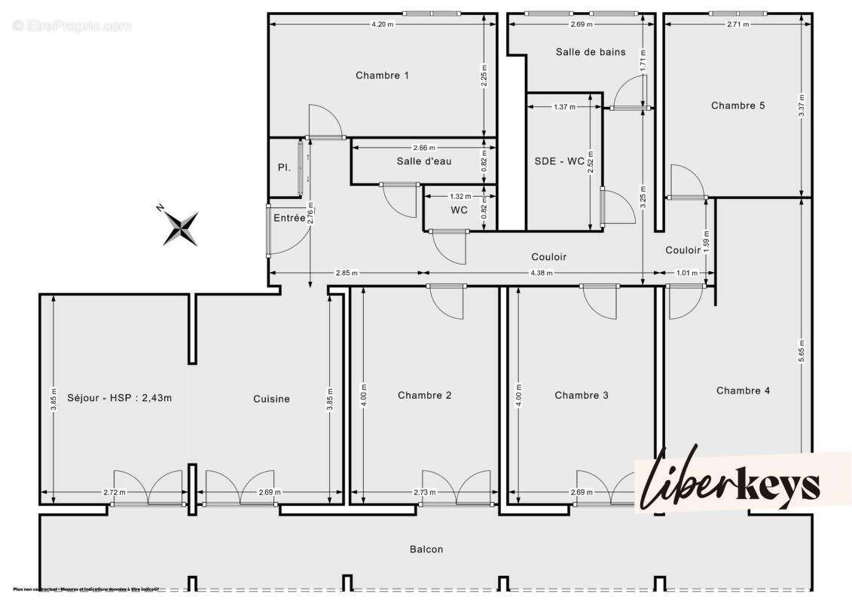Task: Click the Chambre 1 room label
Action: coord(382,75)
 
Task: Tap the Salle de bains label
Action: coord(591,52)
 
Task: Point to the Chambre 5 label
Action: coord(737,106)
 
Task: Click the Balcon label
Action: coord(426,549)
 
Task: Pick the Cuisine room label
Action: coord(271,399)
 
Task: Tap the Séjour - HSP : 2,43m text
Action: coord(119,398)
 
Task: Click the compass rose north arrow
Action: coord(181,228)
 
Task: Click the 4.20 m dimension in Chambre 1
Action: coord(382,24)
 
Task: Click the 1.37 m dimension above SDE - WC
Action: coord(564,107)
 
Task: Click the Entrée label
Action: coord(289,218)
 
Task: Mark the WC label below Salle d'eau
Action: coord(459,210)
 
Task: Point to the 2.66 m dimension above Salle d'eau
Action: coord(423,148)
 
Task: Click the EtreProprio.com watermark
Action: coord(72,26)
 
